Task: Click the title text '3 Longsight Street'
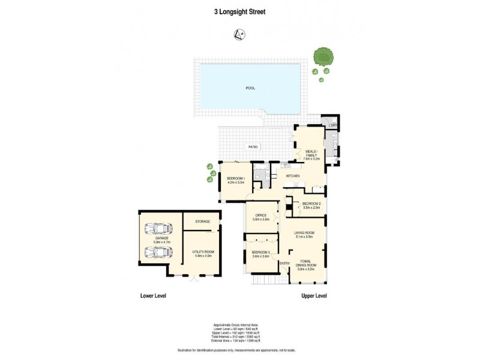[240, 11]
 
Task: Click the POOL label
[250, 88]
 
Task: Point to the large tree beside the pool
[324, 56]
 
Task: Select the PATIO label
[254, 146]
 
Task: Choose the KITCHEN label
[292, 175]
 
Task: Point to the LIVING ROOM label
[304, 234]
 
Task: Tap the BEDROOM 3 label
[260, 254]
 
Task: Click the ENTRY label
[284, 263]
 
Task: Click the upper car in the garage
[157, 229]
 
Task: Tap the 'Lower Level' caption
[153, 296]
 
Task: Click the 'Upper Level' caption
[314, 296]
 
